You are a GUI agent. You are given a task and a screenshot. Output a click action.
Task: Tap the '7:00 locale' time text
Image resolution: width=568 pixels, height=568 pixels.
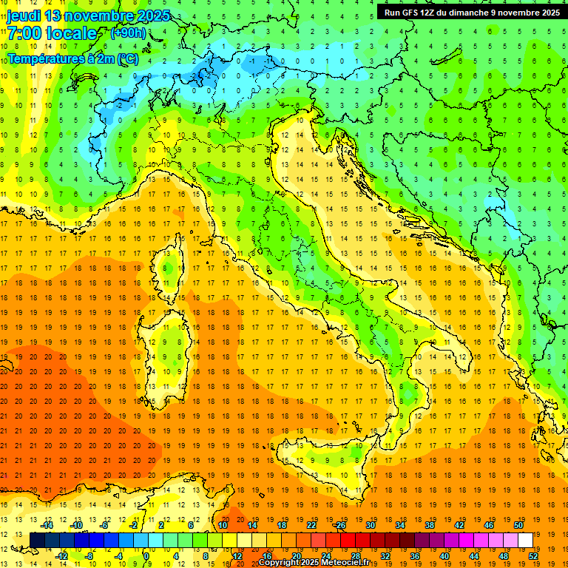pyautogui.click(x=52, y=34)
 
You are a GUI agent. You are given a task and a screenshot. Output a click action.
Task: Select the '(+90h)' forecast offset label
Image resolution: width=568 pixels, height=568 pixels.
pyautogui.click(x=128, y=33)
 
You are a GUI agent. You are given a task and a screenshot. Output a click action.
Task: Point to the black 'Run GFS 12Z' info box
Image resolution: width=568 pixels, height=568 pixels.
pyautogui.click(x=471, y=12)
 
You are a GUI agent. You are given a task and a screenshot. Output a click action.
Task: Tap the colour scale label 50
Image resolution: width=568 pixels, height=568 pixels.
pyautogui.click(x=518, y=525)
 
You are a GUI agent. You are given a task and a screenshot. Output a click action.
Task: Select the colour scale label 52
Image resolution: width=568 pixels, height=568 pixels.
pyautogui.click(x=533, y=556)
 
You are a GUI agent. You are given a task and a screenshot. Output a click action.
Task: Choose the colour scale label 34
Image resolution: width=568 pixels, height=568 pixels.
pyautogui.click(x=399, y=525)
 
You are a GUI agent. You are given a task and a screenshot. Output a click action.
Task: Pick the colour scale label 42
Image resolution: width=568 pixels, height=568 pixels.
pyautogui.click(x=459, y=525)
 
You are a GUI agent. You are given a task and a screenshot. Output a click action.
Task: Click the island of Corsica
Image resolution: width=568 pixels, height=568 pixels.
pyautogui.click(x=169, y=266)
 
